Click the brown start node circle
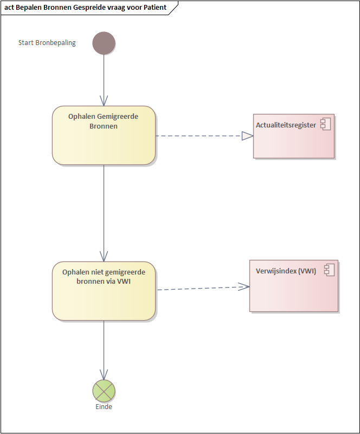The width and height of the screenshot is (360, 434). pos(104,43)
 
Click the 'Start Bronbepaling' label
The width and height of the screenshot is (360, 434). pos(47,43)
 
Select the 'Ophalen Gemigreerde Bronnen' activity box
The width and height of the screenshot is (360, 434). pos(104,135)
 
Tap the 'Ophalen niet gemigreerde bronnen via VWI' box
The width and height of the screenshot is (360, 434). pos(104,291)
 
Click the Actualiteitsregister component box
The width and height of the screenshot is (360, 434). pos(293,136)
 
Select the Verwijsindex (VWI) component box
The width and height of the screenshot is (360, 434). pos(293,286)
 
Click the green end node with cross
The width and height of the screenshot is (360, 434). pos(104,390)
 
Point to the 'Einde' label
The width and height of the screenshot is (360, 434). pos(104,406)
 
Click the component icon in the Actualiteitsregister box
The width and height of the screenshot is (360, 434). pos(326,125)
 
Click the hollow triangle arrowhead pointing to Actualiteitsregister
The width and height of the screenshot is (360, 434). pos(247,136)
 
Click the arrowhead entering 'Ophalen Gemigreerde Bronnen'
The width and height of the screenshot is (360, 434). pos(104,100)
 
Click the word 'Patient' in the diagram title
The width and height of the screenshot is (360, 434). pos(155,8)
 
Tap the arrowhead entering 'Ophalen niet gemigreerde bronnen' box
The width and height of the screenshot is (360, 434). pos(104,256)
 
